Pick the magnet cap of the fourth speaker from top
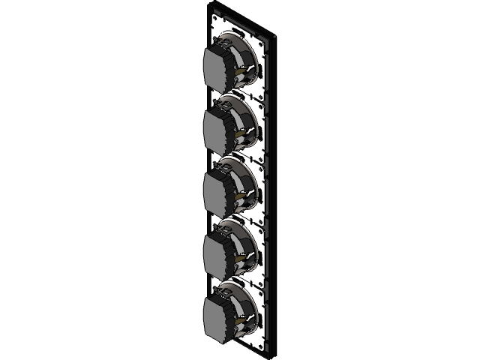221,251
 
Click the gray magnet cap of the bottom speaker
221,314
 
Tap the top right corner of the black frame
278,35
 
